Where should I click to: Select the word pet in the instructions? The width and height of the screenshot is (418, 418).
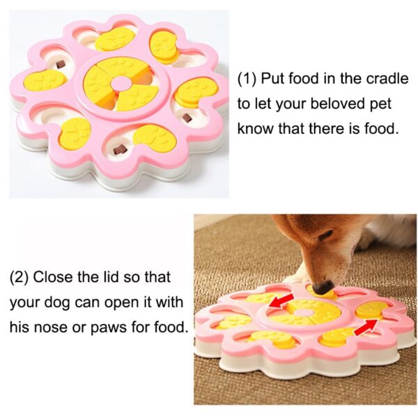pyautogui.click(x=380, y=104)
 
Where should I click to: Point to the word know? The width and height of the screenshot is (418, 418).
pyautogui.click(x=256, y=128)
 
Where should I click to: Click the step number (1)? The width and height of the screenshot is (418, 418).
pyautogui.click(x=247, y=79)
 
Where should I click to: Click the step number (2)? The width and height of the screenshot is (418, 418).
pyautogui.click(x=20, y=277)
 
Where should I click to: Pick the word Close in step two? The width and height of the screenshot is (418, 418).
pyautogui.click(x=52, y=277)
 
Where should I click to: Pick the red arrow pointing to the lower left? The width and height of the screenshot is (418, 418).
pyautogui.click(x=282, y=301)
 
